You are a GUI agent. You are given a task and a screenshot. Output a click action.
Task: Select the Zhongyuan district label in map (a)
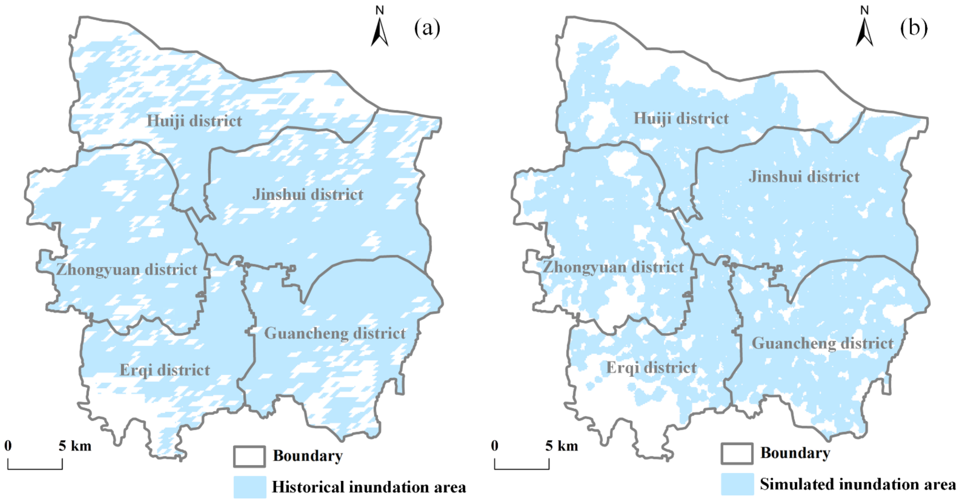[127, 269]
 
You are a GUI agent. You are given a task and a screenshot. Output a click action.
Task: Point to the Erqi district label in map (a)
[165, 370]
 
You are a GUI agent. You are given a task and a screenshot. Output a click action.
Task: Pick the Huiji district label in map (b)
[681, 118]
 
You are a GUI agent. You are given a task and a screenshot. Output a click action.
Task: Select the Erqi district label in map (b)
[651, 367]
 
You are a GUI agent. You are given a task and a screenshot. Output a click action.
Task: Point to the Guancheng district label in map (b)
[823, 343]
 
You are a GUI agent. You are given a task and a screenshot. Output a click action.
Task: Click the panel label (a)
[427, 28]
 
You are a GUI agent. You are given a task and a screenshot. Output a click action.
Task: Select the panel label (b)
[914, 28]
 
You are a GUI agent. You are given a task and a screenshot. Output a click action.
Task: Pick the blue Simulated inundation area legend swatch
[737, 484]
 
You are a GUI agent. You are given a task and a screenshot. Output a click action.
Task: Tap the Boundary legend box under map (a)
[250, 456]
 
